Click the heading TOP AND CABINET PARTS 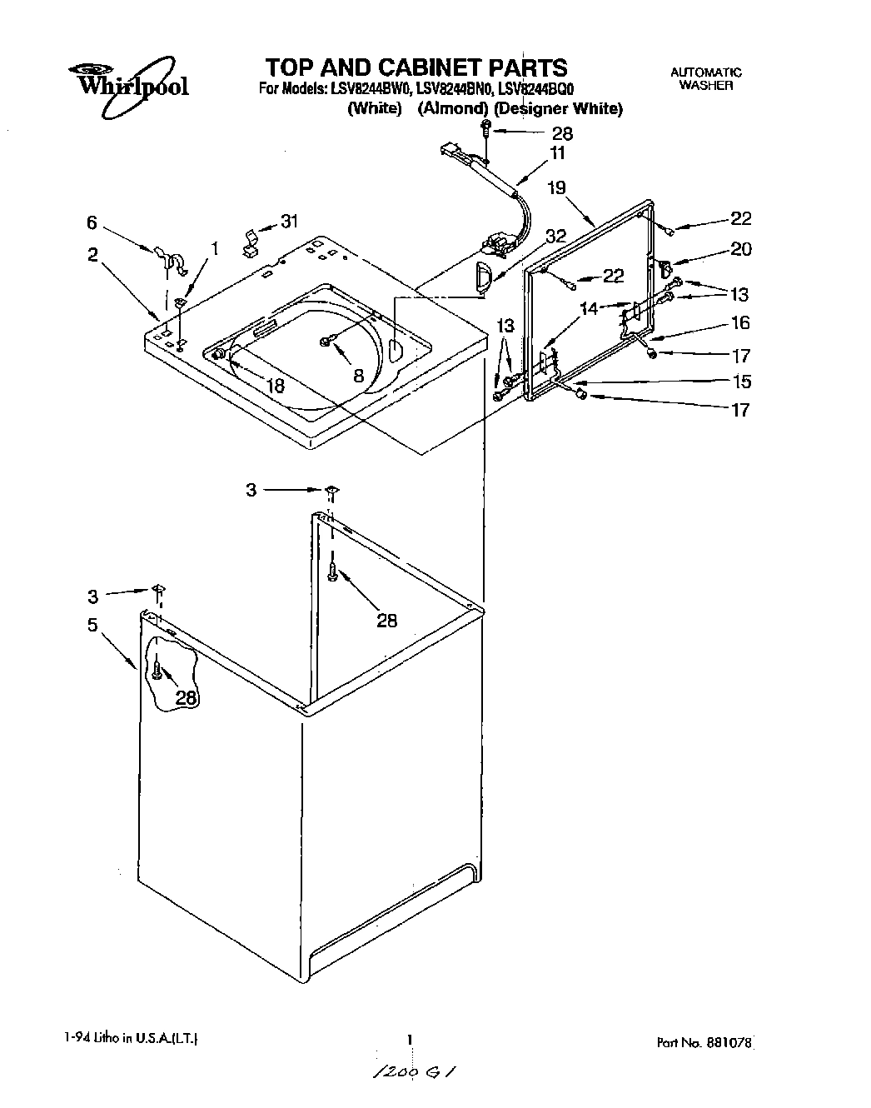[x=416, y=67]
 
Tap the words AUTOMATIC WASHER [x=705, y=79]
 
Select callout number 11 [x=556, y=152]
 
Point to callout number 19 [x=556, y=187]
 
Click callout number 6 [x=92, y=222]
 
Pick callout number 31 [x=288, y=221]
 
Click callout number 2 [x=92, y=255]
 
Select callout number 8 [x=358, y=375]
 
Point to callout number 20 [x=740, y=248]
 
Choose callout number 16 [x=740, y=322]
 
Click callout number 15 [x=740, y=382]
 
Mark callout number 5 [x=92, y=624]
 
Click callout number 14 [x=589, y=308]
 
